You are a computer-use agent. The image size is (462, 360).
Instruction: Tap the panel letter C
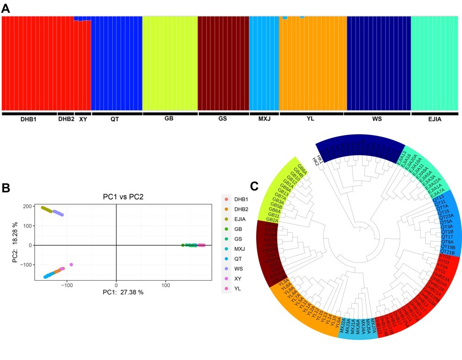[x=255, y=186]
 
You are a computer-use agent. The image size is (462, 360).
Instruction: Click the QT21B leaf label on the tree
[x=447, y=251]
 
